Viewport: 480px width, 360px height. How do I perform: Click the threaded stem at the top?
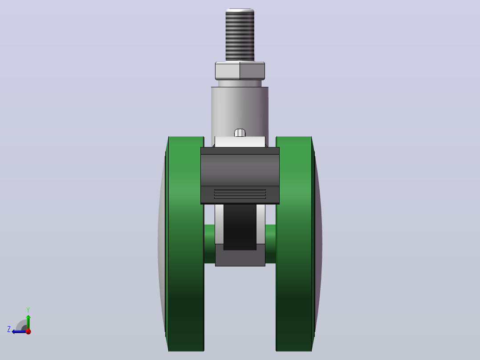click(240, 35)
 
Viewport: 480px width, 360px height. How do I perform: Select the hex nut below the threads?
click(240, 71)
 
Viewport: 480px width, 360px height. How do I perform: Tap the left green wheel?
click(185, 244)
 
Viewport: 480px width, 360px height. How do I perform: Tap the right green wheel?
click(295, 244)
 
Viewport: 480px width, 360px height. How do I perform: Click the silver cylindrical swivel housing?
click(240, 112)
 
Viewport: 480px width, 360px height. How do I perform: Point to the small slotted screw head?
click(240, 133)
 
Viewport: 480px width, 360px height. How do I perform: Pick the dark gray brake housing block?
click(240, 176)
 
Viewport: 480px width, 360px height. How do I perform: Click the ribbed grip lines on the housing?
click(240, 194)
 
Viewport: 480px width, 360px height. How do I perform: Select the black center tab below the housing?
click(240, 227)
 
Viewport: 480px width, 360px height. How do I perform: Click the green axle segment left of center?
click(210, 244)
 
